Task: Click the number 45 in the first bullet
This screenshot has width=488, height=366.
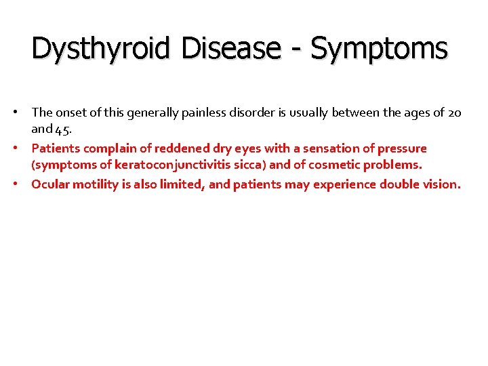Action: click(63, 129)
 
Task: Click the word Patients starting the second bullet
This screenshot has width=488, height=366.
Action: click(56, 148)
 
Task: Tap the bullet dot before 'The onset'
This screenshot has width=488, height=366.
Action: click(22, 113)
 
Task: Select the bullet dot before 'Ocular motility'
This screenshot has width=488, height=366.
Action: click(22, 184)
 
